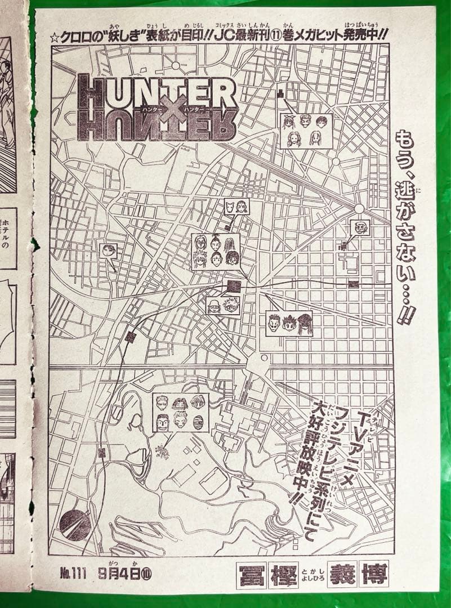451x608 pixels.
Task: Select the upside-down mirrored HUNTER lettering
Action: pyautogui.click(x=158, y=126)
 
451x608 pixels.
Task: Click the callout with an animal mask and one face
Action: pyautogui.click(x=237, y=208)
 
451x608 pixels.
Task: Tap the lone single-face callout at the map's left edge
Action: pyautogui.click(x=108, y=251)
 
